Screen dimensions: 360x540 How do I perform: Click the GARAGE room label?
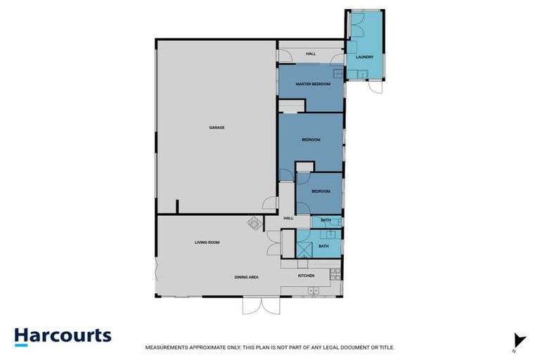(x=217, y=127)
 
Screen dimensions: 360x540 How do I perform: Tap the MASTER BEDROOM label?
(x=312, y=84)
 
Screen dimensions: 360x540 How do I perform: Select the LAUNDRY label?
(x=364, y=57)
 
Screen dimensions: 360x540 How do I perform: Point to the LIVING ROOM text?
(x=207, y=243)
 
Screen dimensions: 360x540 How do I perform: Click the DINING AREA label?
(x=247, y=277)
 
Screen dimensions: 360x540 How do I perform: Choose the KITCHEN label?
(x=306, y=276)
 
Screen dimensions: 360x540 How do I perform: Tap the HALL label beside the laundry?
(x=311, y=53)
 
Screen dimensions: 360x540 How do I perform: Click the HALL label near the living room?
(x=288, y=218)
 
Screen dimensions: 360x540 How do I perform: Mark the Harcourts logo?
(x=63, y=336)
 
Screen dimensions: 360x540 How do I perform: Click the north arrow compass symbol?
(x=520, y=340)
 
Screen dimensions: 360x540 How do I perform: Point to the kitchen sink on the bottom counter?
(x=314, y=290)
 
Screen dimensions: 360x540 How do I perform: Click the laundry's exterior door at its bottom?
(x=374, y=89)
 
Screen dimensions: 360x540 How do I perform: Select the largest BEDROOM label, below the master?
(x=311, y=140)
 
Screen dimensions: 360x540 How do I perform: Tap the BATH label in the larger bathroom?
(x=323, y=246)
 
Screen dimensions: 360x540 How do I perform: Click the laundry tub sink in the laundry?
(x=364, y=75)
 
